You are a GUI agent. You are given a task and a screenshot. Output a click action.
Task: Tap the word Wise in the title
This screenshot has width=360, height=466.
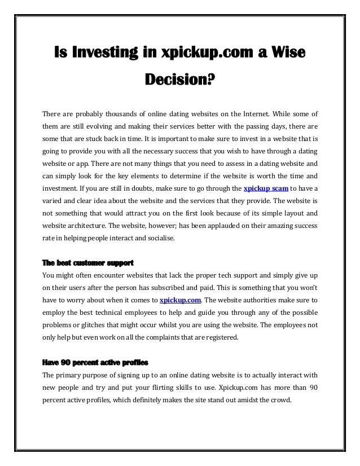[x=287, y=54]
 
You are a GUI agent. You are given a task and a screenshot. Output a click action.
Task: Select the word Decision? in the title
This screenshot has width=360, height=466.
[x=180, y=83]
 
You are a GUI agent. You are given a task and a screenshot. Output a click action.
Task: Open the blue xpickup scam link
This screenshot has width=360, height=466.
[x=266, y=188]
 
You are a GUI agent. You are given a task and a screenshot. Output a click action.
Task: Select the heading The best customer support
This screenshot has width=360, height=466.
[x=87, y=263]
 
